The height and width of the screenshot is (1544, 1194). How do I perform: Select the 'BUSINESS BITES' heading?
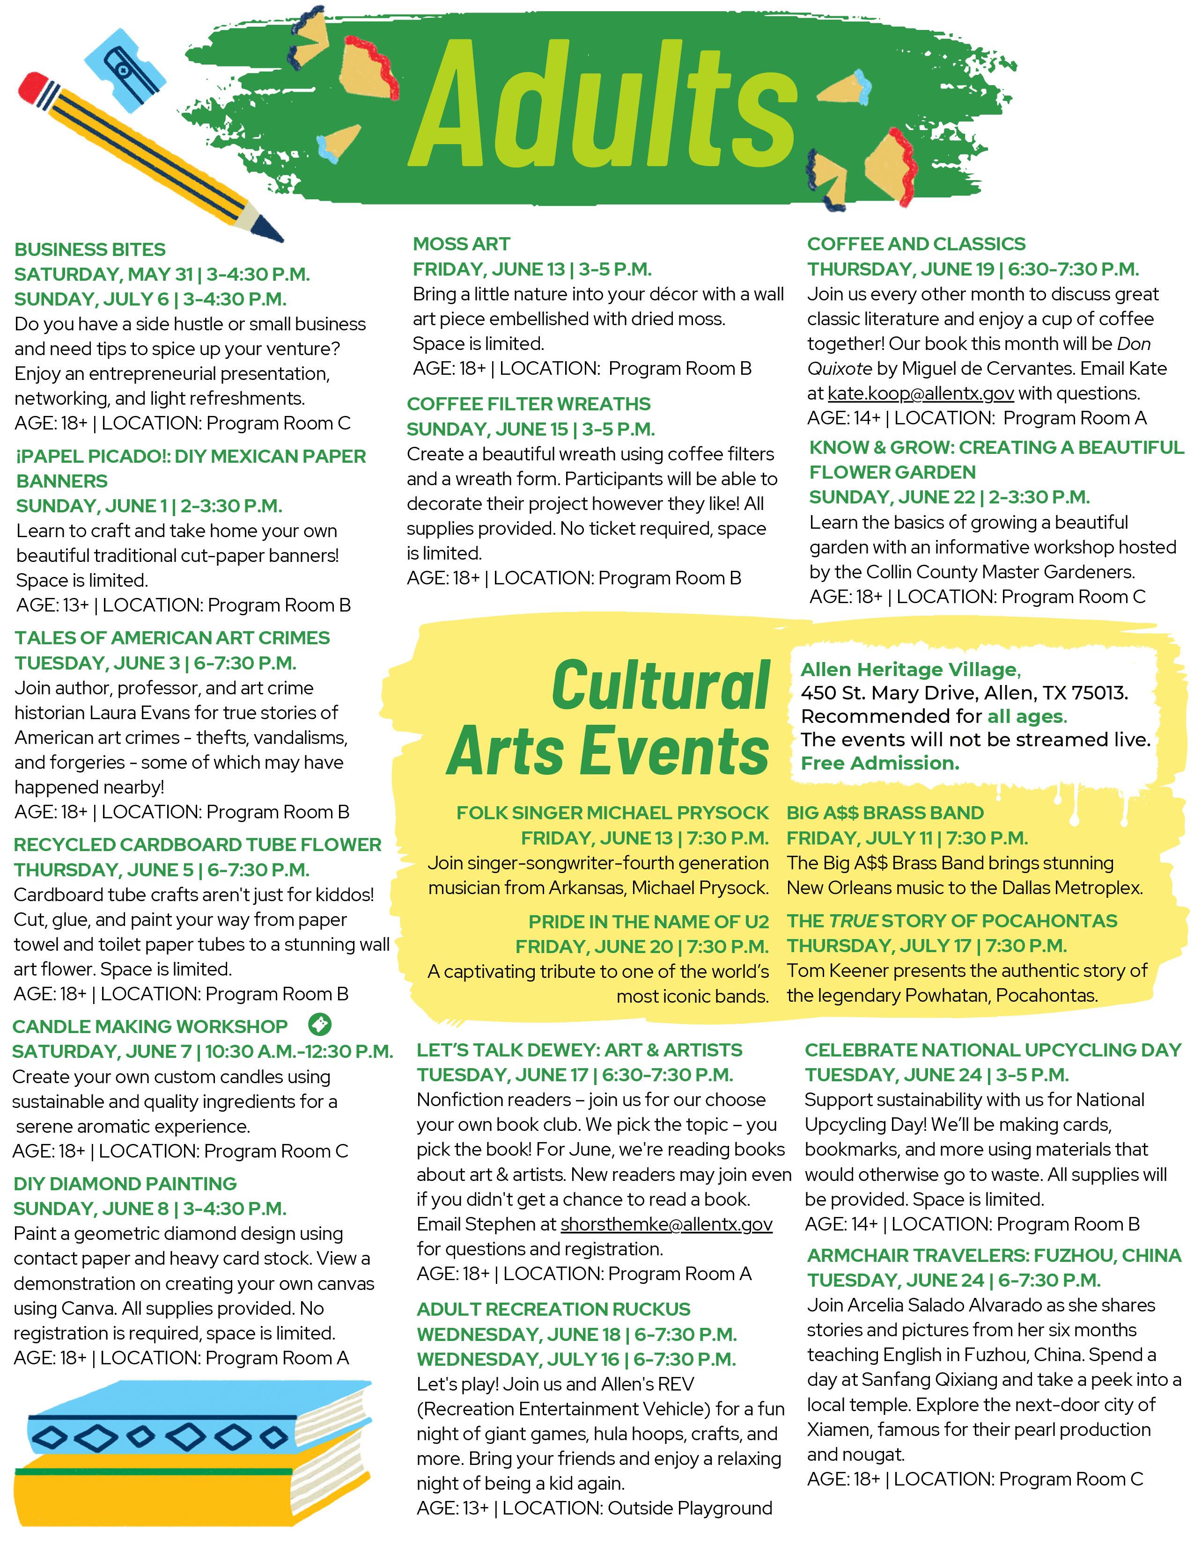[x=90, y=249]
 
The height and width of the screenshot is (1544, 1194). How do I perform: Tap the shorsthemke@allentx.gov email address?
[x=666, y=1224]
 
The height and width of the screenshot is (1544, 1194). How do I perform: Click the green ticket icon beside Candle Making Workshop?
[x=320, y=1024]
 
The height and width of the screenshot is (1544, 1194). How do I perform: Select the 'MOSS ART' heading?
[x=461, y=244]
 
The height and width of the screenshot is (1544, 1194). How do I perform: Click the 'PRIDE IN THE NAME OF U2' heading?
[x=648, y=922]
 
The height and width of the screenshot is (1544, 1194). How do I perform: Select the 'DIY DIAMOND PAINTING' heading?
[x=125, y=1183]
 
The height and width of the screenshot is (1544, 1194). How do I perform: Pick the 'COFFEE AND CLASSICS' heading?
[x=915, y=244]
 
